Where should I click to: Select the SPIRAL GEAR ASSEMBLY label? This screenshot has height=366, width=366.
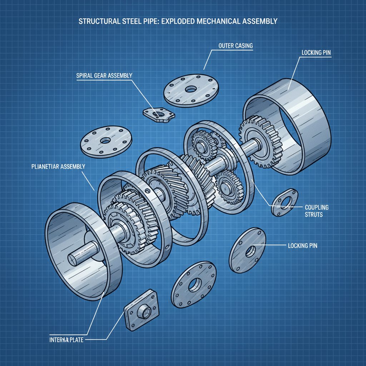[x=104, y=75]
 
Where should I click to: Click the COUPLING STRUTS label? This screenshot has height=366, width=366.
[x=316, y=211]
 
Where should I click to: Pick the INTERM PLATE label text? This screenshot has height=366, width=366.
[x=66, y=340]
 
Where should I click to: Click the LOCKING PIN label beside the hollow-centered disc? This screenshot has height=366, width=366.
[x=302, y=246]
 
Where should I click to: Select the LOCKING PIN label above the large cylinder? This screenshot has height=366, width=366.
[x=316, y=53]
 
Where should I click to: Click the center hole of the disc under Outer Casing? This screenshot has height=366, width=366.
[x=191, y=88]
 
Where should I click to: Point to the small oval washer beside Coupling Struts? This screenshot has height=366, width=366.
[x=285, y=202]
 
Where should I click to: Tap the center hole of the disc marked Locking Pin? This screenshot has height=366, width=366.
[x=250, y=251]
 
